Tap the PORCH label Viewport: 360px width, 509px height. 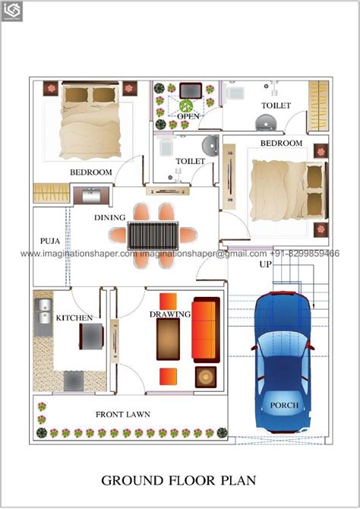click(285, 405)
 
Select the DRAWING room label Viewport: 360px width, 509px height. click(170, 314)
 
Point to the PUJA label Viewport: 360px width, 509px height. click(50, 242)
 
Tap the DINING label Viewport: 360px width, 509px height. click(110, 217)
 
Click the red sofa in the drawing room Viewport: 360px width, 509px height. click(205, 331)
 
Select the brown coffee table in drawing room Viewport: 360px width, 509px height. click(168, 339)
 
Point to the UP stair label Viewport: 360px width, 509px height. click(265, 264)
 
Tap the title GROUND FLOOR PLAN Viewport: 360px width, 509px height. click(179, 480)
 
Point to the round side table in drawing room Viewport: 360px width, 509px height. click(206, 376)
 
